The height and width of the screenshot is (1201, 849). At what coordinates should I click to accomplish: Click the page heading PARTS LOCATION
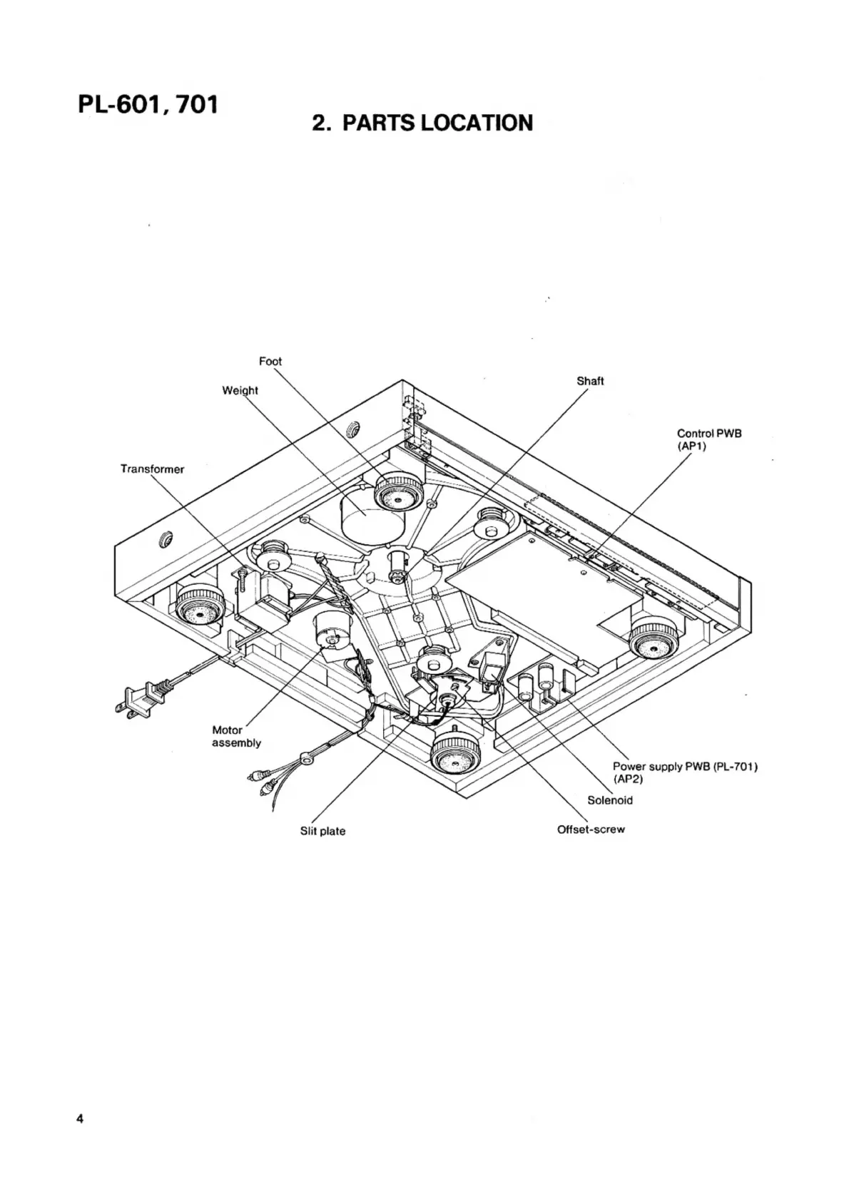coord(422,123)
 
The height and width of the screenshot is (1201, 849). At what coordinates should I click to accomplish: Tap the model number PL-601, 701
coord(148,103)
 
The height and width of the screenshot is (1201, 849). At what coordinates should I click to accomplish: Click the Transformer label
coord(152,469)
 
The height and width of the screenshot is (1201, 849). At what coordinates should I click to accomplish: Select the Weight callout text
coord(240,391)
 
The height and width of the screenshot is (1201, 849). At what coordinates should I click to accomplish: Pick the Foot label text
coord(270,362)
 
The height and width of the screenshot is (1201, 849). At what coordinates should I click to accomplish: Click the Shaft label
coord(590,381)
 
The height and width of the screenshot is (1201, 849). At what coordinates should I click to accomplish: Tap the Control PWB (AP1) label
coord(709,439)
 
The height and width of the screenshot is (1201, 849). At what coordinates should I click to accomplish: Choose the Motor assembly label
coord(237,736)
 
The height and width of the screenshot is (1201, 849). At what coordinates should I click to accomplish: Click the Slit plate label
coord(323,831)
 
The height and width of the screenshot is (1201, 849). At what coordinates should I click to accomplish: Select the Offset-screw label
coord(591,829)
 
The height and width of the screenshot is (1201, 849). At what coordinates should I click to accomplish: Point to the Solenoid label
coord(610,800)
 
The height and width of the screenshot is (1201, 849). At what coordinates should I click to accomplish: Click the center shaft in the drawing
coord(399,566)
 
